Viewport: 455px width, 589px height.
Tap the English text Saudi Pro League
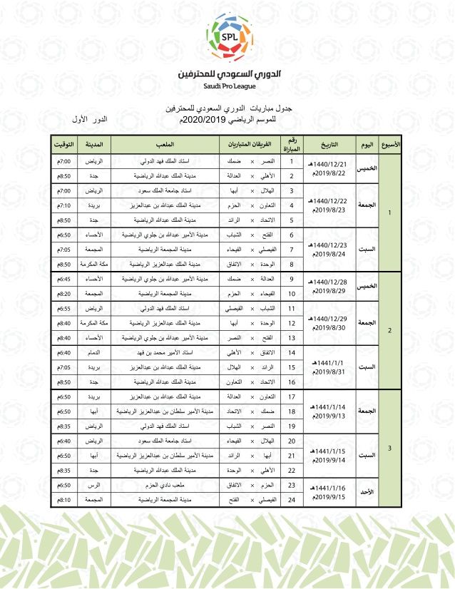pyautogui.click(x=228, y=86)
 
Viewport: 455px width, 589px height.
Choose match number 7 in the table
pyautogui.click(x=291, y=249)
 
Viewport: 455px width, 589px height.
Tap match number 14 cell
pyautogui.click(x=291, y=353)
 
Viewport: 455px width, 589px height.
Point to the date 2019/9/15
pyautogui.click(x=329, y=497)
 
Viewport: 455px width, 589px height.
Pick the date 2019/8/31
pyautogui.click(x=329, y=371)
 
